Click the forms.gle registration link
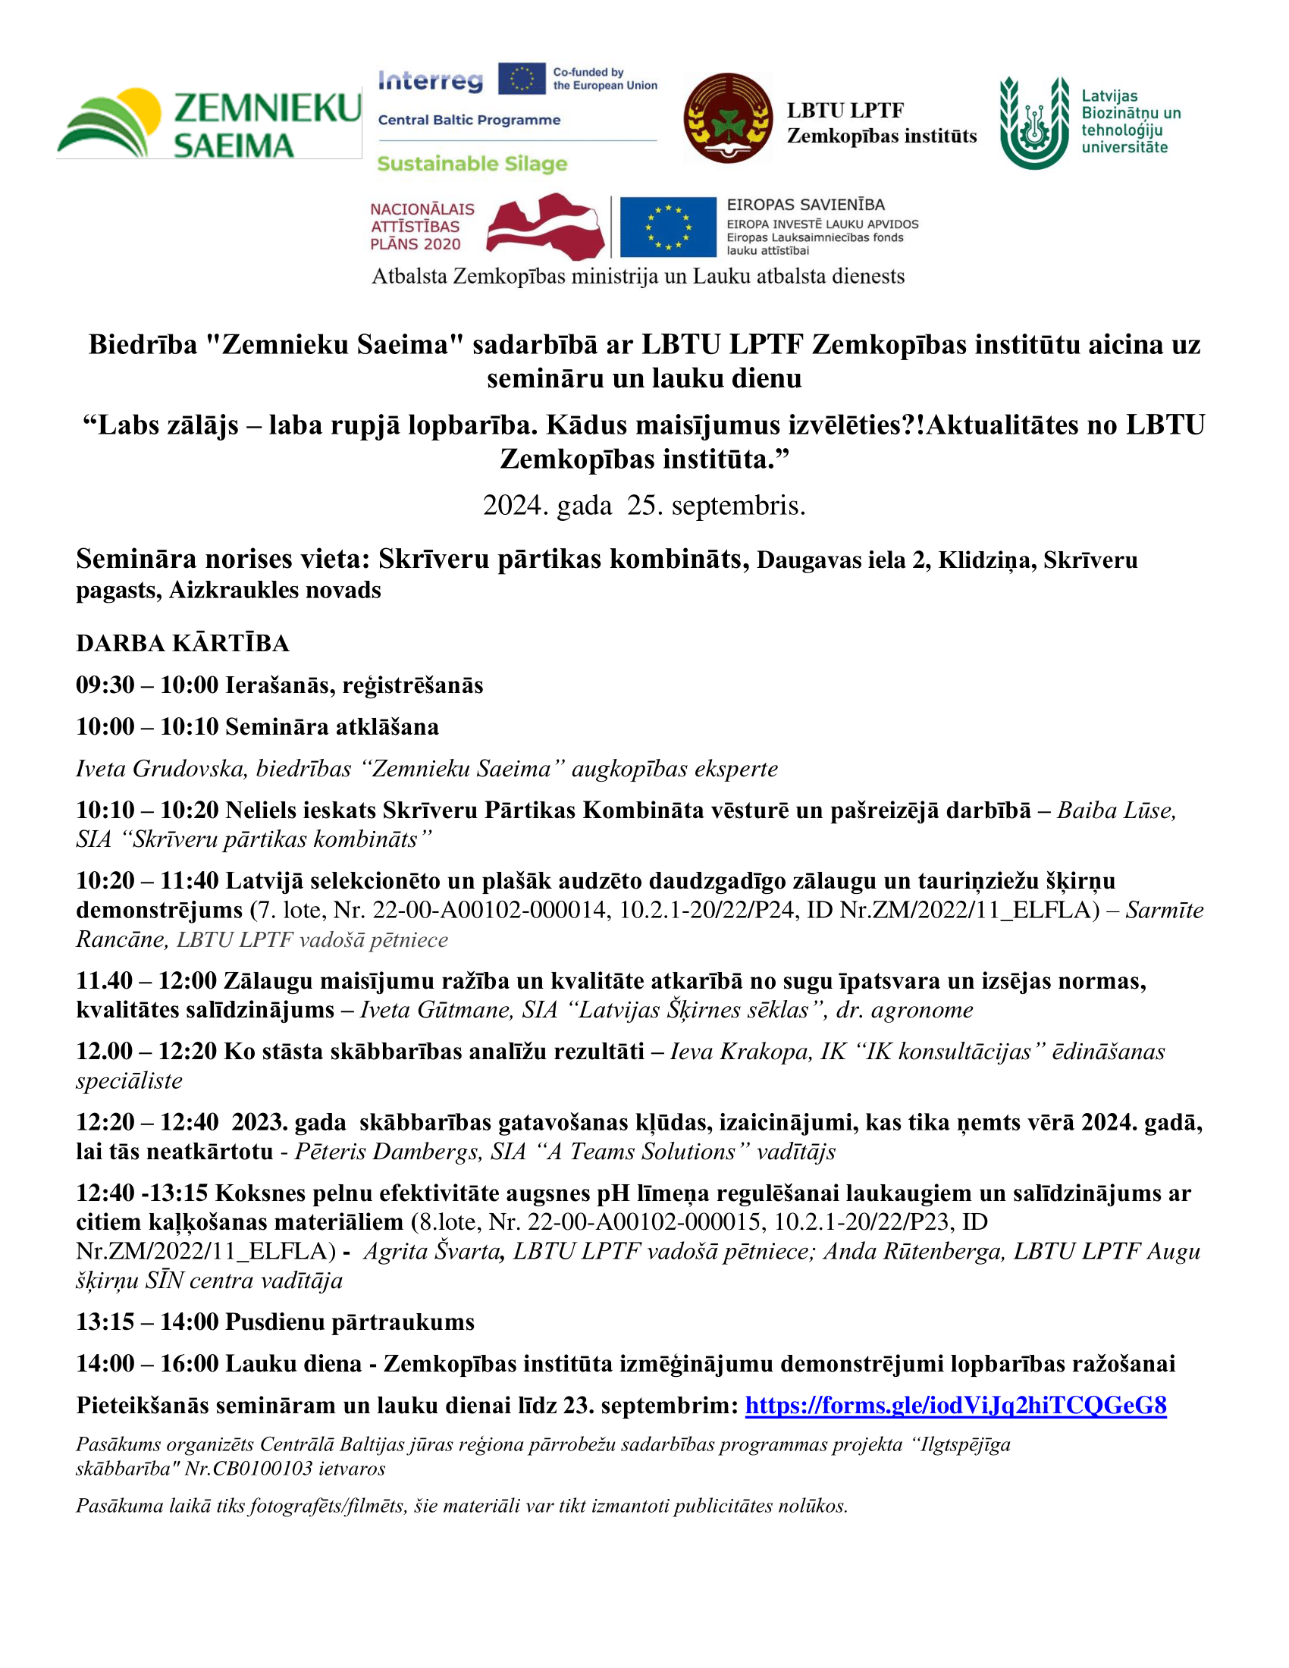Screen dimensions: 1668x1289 coord(955,1404)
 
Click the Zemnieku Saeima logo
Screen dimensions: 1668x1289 coord(209,123)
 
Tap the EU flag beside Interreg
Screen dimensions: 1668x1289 coord(522,80)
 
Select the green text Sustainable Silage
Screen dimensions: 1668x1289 coord(472,164)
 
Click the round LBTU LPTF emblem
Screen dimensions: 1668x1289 coord(728,118)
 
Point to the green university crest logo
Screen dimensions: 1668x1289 coord(1035,122)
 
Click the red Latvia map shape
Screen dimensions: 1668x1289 coord(545,227)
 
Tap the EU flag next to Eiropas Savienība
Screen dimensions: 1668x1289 coord(667,227)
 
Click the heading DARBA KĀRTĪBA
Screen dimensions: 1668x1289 coord(183,643)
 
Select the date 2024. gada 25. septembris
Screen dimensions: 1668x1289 coord(644,506)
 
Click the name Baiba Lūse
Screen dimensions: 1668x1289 coord(1115,810)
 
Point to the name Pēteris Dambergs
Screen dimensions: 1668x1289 coord(380,1151)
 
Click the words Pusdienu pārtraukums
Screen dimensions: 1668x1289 coord(350,1322)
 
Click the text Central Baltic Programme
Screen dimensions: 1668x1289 coord(469,120)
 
